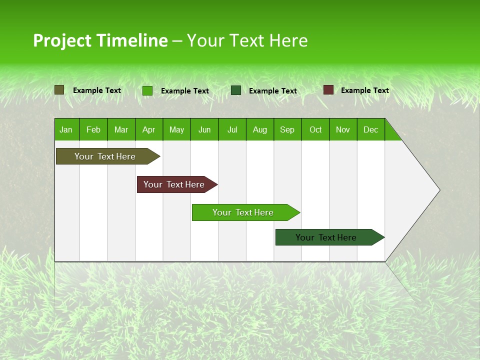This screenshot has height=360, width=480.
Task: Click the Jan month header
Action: (x=66, y=129)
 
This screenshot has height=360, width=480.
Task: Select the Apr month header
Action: (x=149, y=129)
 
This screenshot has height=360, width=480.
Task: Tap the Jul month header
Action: (x=232, y=129)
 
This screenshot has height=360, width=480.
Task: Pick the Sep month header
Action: (x=287, y=129)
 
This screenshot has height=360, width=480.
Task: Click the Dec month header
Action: (x=370, y=129)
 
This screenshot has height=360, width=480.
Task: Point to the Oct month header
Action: (x=315, y=129)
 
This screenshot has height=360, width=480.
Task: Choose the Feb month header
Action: (x=93, y=129)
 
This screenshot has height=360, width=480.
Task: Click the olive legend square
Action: (x=59, y=90)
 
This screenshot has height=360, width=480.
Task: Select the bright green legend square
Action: (x=147, y=90)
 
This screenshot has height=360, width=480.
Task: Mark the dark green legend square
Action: (x=236, y=90)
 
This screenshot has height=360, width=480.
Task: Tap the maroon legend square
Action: (x=328, y=90)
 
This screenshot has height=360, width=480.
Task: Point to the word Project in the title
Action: (x=62, y=40)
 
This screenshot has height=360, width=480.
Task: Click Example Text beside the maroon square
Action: (x=364, y=90)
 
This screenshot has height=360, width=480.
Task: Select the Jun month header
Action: (x=204, y=129)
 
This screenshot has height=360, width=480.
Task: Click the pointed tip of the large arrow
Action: (x=438, y=189)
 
